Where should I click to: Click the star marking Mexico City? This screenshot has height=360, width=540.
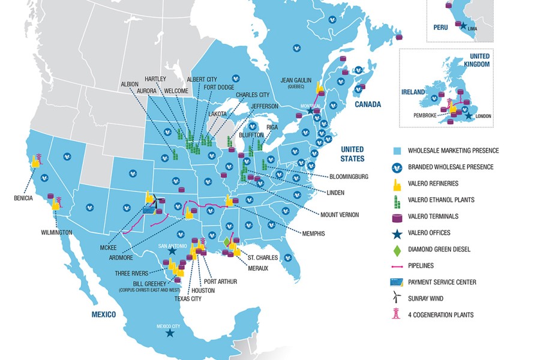click(170, 332)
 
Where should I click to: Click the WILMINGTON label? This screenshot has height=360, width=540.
click(57, 232)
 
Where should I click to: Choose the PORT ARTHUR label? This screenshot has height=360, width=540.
click(220, 281)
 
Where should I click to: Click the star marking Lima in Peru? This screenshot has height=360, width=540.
click(463, 25)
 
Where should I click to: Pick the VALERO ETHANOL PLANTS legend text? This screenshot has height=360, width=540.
click(441, 200)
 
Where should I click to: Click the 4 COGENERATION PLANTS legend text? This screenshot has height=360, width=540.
click(440, 314)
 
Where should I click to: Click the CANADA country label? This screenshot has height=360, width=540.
click(367, 104)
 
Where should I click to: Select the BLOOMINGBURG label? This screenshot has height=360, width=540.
click(350, 176)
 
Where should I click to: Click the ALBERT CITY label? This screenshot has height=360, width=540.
click(203, 79)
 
